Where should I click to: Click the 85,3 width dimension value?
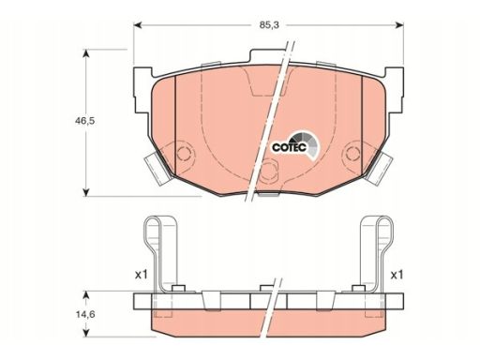pos(269,25)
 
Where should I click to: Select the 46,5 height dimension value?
pos(84,121)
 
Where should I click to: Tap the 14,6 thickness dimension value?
pos(85,315)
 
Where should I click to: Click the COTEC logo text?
pos(289,147)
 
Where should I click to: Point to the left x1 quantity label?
pos(141,275)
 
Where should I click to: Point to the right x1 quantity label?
pos(397,275)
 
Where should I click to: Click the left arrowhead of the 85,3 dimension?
pos(138,25)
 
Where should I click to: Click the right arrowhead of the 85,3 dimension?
pos(399,25)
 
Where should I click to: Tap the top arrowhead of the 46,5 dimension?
pos(86,53)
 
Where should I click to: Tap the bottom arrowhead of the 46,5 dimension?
pos(86,192)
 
